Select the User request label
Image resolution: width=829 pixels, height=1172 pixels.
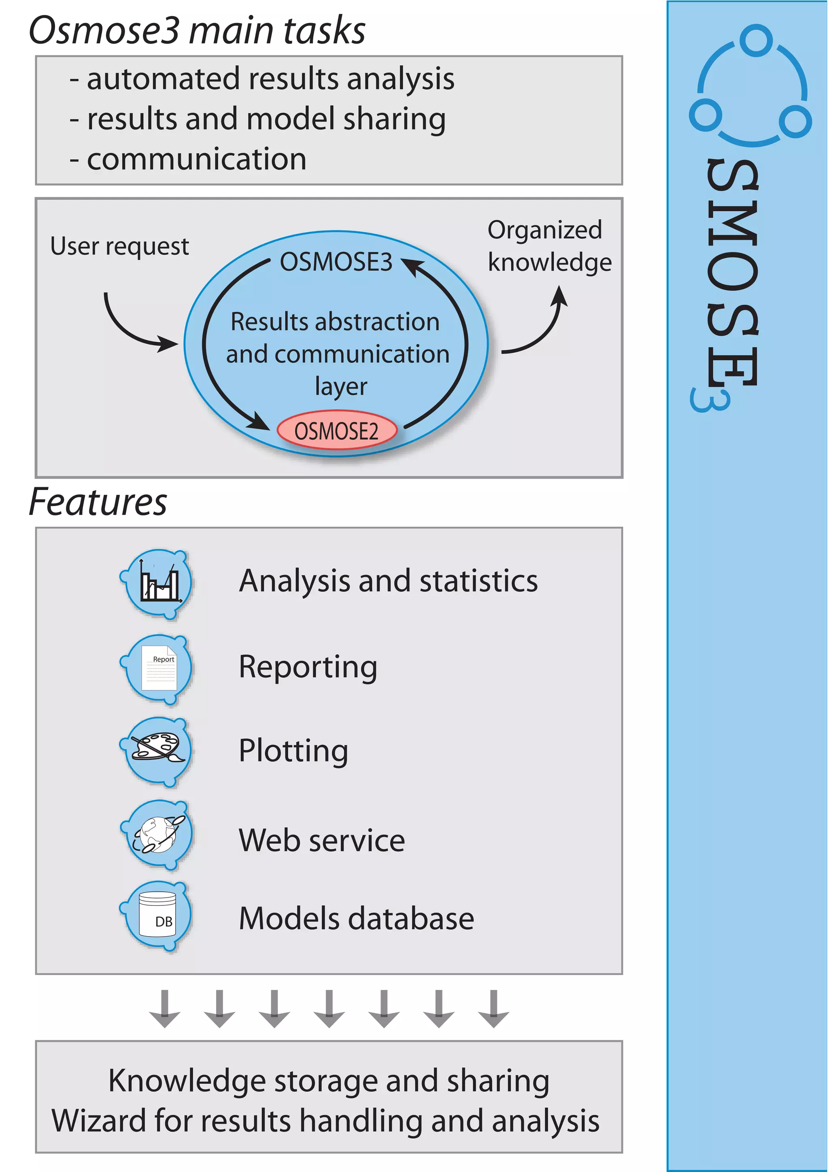(x=119, y=246)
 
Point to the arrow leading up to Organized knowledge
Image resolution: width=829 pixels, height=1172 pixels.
(x=542, y=327)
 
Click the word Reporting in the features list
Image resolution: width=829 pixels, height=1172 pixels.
(x=308, y=667)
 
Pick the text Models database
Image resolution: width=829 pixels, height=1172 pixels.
(x=357, y=918)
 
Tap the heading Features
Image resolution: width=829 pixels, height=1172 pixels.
(x=98, y=502)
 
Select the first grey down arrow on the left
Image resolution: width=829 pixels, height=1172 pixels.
(x=164, y=1009)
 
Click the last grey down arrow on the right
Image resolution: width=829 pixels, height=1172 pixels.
(x=493, y=1009)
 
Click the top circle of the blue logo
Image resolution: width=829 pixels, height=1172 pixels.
(x=756, y=41)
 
